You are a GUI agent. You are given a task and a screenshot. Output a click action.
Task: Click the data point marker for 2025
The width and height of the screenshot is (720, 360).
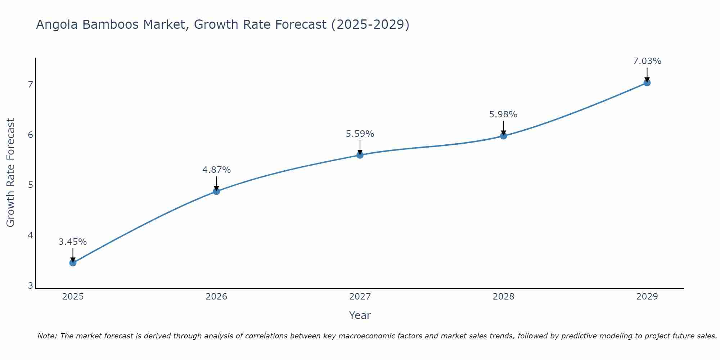click(x=73, y=263)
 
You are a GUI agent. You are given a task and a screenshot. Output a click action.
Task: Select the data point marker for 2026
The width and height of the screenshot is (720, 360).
click(x=216, y=191)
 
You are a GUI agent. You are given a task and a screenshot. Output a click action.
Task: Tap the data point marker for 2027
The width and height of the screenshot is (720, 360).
click(x=360, y=155)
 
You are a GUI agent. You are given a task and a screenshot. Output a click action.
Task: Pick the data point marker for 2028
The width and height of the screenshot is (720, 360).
click(x=503, y=136)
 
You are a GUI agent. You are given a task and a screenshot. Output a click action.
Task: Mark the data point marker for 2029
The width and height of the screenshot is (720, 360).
click(x=647, y=83)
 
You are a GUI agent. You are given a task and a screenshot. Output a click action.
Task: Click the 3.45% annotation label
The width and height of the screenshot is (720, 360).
click(x=73, y=242)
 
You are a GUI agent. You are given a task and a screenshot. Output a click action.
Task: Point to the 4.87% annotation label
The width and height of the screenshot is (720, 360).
click(x=216, y=170)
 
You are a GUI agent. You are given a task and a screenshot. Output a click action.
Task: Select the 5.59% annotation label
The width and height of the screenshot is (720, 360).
click(x=360, y=134)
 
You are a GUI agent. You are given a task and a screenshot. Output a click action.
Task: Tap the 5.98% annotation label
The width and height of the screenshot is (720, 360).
click(x=503, y=114)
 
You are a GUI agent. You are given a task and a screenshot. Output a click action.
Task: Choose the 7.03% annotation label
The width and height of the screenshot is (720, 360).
click(x=647, y=61)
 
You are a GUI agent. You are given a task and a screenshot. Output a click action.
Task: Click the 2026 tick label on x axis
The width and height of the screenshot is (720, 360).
click(x=216, y=297)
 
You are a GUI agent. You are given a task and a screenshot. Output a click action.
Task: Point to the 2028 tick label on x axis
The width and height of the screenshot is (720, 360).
click(x=503, y=297)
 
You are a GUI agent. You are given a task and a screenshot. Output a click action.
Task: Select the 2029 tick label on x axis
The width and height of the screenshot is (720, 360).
click(x=647, y=297)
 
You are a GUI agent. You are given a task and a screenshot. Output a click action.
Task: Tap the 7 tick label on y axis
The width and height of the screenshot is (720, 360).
click(x=30, y=85)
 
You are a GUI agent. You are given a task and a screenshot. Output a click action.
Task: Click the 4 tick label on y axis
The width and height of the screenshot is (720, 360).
click(x=30, y=235)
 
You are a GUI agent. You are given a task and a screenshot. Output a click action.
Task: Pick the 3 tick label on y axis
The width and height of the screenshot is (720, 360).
click(x=30, y=286)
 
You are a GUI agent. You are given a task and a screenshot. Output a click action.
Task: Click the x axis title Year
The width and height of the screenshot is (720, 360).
click(x=360, y=315)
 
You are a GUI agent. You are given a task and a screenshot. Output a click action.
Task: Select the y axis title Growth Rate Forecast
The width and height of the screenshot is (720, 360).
click(x=11, y=173)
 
